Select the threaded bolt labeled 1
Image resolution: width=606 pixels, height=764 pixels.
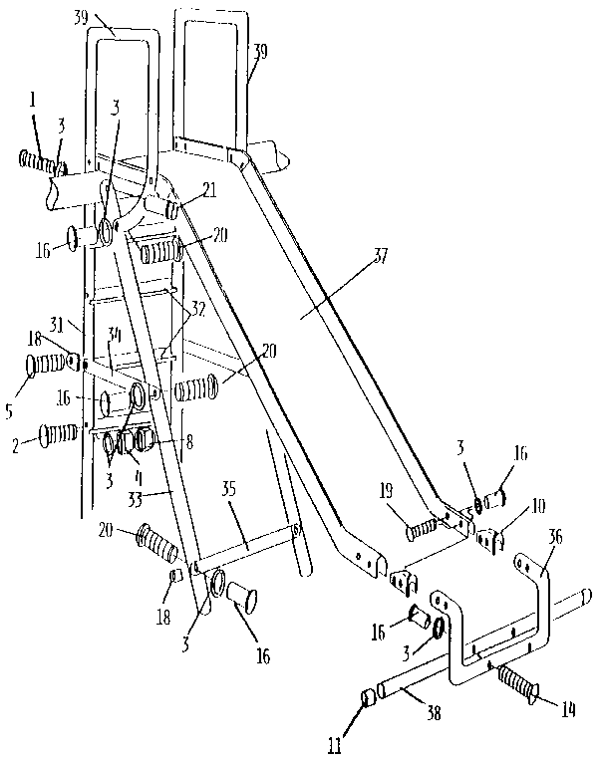pyautogui.click(x=40, y=159)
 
